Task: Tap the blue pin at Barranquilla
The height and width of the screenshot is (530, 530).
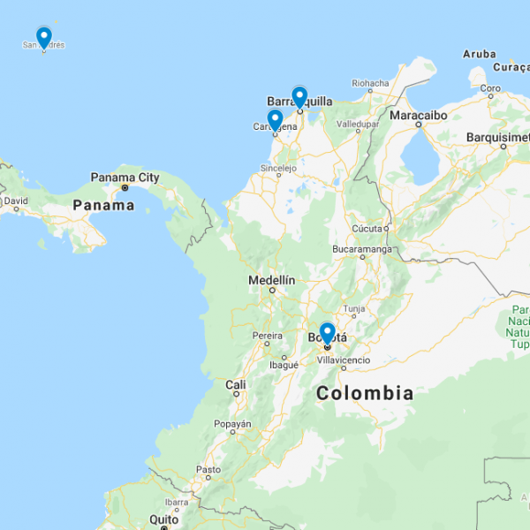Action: click(299, 95)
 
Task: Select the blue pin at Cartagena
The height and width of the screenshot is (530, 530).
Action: click(275, 118)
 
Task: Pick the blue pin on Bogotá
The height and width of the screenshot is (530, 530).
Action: click(327, 332)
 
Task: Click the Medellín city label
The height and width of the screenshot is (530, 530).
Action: click(271, 280)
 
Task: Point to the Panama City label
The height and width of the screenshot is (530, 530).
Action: click(125, 177)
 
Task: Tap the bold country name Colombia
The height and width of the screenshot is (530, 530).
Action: click(365, 393)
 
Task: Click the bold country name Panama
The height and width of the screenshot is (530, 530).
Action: click(103, 205)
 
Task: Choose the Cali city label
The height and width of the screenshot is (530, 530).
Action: click(236, 384)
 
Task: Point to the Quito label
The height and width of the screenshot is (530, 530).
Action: click(164, 519)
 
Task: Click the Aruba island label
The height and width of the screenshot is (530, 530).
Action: click(480, 54)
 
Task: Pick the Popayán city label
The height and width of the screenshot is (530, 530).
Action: click(232, 424)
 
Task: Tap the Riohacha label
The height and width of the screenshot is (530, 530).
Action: click(370, 84)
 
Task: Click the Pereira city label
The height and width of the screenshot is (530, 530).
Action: click(268, 336)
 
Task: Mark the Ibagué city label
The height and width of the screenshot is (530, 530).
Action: click(284, 364)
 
